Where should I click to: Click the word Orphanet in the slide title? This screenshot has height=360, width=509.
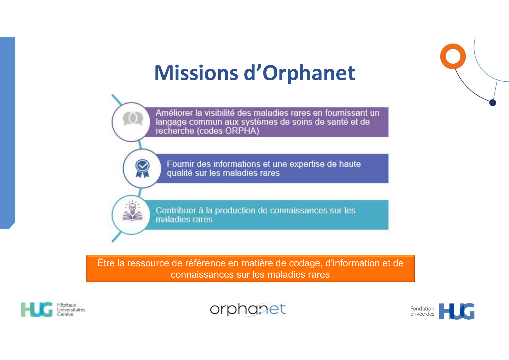[x=308, y=73]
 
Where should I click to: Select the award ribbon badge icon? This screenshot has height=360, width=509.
[x=142, y=168]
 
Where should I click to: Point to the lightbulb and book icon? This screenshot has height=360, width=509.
[x=133, y=211]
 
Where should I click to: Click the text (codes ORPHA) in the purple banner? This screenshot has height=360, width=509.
[x=228, y=131]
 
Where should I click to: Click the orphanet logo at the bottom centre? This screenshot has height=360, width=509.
[x=248, y=310]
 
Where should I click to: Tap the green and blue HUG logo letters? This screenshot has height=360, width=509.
[x=37, y=310]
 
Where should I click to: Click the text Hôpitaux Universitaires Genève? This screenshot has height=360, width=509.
[x=71, y=310]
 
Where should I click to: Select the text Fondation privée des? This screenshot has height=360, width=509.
[x=422, y=311]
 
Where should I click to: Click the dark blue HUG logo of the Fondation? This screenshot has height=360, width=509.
[x=457, y=311]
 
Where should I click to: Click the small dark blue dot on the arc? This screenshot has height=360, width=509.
[x=492, y=103]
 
